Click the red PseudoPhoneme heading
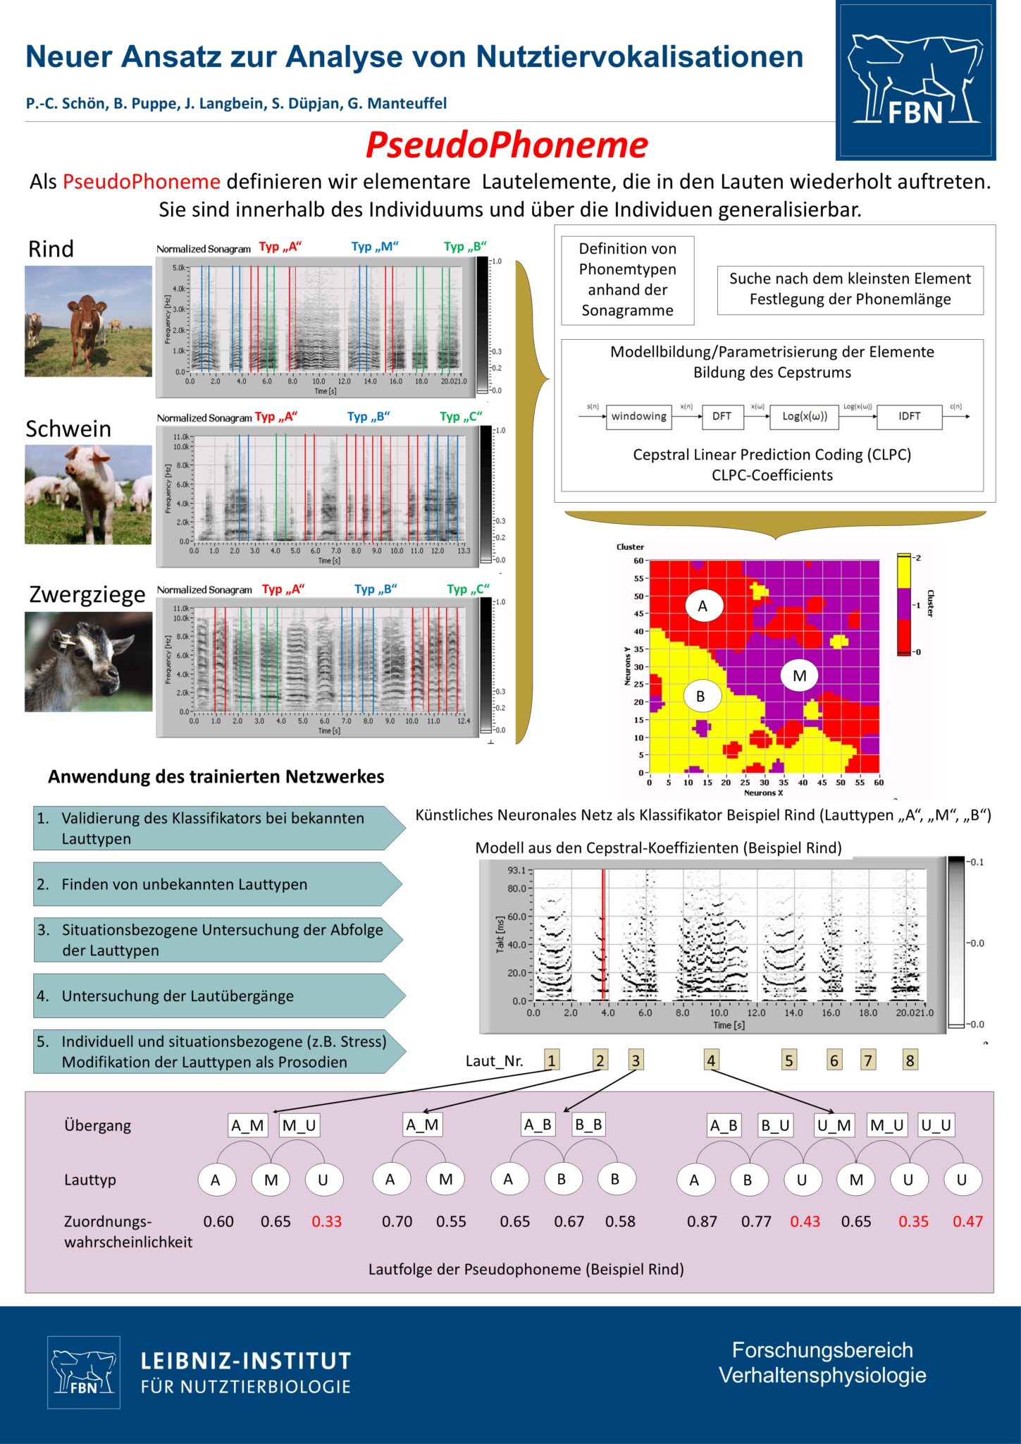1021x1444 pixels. tap(506, 145)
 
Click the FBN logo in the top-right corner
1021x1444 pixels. tap(915, 80)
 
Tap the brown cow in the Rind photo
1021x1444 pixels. tap(85, 322)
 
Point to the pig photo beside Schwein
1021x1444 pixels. tap(88, 494)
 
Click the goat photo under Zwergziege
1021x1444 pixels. tap(88, 661)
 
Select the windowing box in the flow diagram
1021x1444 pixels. tap(638, 416)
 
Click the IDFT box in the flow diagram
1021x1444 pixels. tap(909, 416)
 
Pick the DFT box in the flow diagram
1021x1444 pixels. tap(722, 416)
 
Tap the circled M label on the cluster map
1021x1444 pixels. tap(799, 675)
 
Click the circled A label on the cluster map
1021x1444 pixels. tap(702, 606)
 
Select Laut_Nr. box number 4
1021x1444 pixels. tap(711, 1060)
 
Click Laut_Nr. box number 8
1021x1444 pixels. tap(910, 1060)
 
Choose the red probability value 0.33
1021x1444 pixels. tap(326, 1221)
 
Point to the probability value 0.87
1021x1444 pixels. tap(702, 1221)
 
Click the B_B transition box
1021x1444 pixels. tap(588, 1125)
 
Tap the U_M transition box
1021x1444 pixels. tap(834, 1125)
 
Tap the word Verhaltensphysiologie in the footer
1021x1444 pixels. tap(822, 1375)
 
